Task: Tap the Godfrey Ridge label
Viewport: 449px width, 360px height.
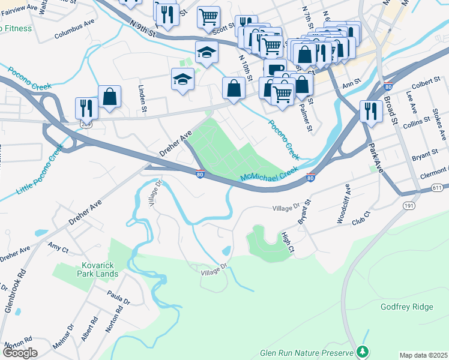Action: point(406,307)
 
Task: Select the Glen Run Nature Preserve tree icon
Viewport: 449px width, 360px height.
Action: point(361,350)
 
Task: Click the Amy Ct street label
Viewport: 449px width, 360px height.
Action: point(58,247)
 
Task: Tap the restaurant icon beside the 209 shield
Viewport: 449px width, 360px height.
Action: point(86,108)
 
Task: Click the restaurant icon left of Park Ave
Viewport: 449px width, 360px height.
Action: point(371,111)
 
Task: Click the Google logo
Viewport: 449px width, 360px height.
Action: point(20,353)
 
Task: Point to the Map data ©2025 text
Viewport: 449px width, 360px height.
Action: point(423,355)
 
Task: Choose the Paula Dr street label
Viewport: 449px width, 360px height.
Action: point(119,298)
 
